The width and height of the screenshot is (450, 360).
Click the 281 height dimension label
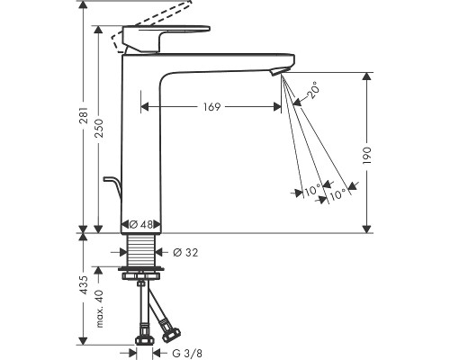point(85,114)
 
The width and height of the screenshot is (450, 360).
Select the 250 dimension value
point(99,128)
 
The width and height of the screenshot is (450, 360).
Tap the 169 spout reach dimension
point(211,107)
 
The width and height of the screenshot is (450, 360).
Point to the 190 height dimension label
point(367,155)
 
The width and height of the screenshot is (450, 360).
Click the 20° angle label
point(312,90)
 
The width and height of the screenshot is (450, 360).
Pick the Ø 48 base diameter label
point(141,224)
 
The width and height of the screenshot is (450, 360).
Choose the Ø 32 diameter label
point(185,253)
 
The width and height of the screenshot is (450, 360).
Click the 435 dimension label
point(85,285)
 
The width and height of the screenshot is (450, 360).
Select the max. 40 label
point(99,309)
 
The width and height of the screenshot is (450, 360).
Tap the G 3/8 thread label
point(187,353)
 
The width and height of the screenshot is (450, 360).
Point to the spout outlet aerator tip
point(276,72)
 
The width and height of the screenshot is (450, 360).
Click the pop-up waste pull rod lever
point(112,185)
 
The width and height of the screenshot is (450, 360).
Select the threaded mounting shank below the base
point(141,249)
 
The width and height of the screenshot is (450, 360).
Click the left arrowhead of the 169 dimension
point(145,106)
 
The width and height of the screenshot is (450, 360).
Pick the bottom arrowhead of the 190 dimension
point(366,229)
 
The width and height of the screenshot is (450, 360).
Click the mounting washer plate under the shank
point(141,268)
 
